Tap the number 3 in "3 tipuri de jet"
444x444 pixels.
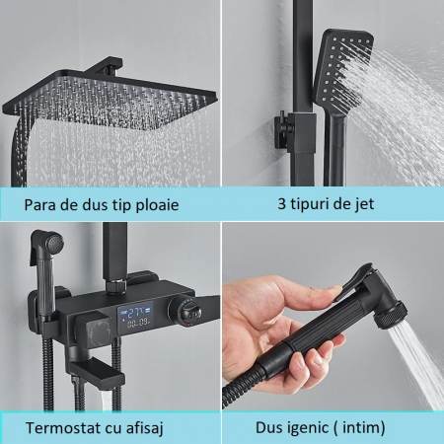coord(281,203)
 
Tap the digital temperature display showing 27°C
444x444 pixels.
coord(136,315)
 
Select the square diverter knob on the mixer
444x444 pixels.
coord(93,330)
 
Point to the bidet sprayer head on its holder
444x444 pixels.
coord(47,244)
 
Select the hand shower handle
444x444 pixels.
coord(335,148)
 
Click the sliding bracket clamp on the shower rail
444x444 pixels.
coord(295,130)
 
